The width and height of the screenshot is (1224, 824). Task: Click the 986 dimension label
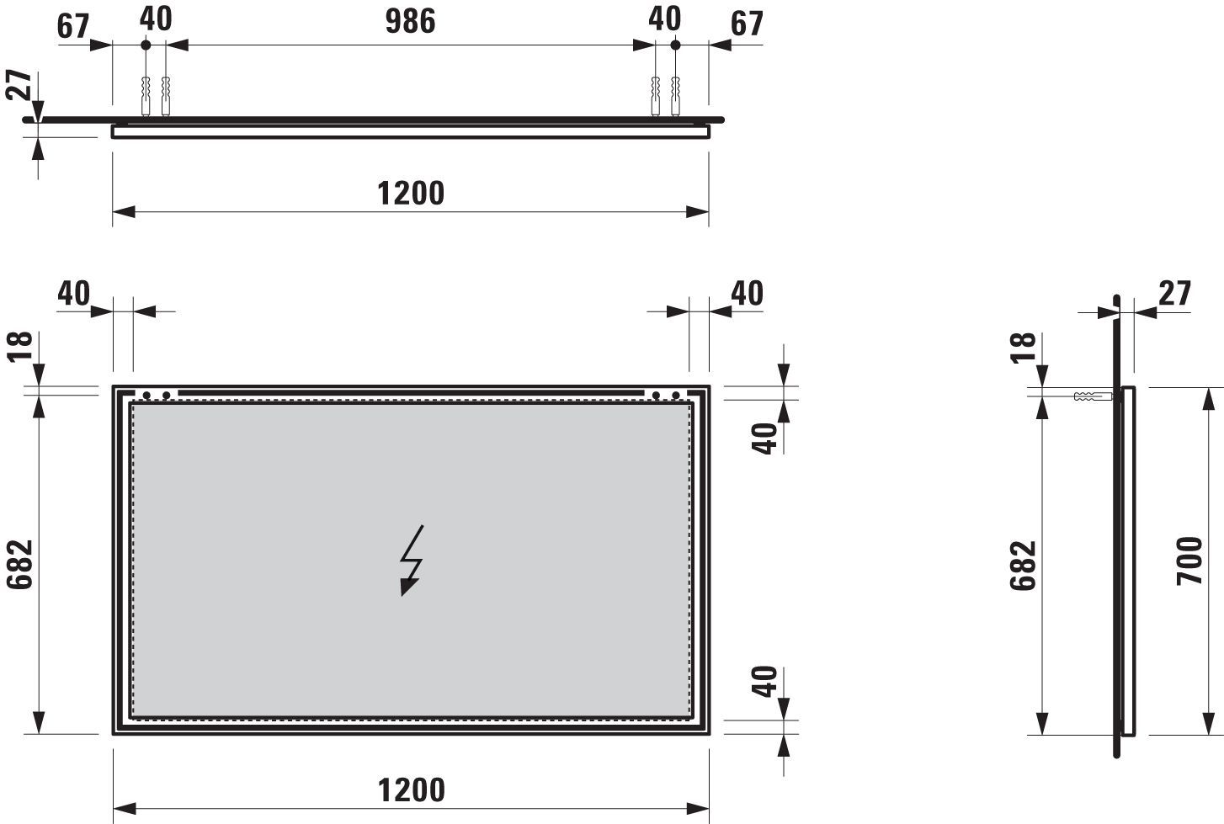point(410,22)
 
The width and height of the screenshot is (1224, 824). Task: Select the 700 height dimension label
point(1190,561)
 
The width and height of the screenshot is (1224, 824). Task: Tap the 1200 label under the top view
point(411,193)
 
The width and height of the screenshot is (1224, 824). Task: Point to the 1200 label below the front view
point(412,790)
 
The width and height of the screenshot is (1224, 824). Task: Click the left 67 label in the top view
point(73,26)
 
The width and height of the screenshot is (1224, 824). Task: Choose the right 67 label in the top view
point(747,24)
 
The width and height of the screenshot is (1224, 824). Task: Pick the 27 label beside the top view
point(19,85)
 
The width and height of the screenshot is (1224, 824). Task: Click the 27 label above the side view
point(1174,294)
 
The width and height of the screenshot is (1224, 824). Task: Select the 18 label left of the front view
point(20,347)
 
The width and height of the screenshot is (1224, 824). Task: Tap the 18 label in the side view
point(1023,347)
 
